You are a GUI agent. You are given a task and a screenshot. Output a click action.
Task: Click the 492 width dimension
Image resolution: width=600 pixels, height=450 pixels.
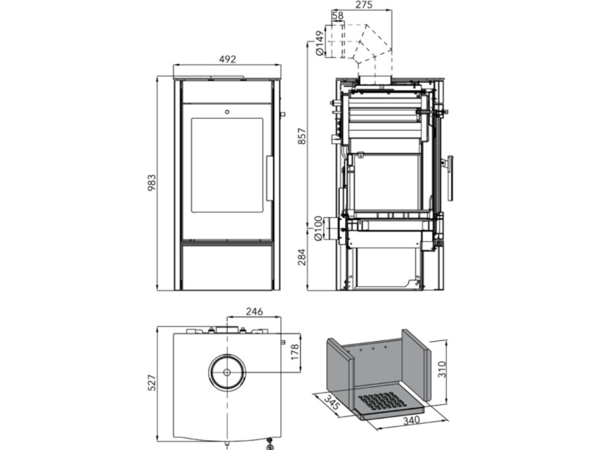227,59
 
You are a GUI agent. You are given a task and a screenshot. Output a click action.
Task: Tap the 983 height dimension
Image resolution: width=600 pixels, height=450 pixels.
151,184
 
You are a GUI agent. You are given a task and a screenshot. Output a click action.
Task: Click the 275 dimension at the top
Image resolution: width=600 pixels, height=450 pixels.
364,5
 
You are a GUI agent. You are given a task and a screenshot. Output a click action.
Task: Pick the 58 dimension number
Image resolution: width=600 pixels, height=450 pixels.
337,16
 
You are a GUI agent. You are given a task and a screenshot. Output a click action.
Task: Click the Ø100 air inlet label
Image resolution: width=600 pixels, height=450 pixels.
319,229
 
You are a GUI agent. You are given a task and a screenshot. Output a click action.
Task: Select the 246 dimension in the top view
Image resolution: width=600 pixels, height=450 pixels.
254,311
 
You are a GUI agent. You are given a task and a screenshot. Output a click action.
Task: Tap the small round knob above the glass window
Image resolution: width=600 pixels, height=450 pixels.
227,110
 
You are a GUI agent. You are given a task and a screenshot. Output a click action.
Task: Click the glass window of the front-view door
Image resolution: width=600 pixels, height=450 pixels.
227,165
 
